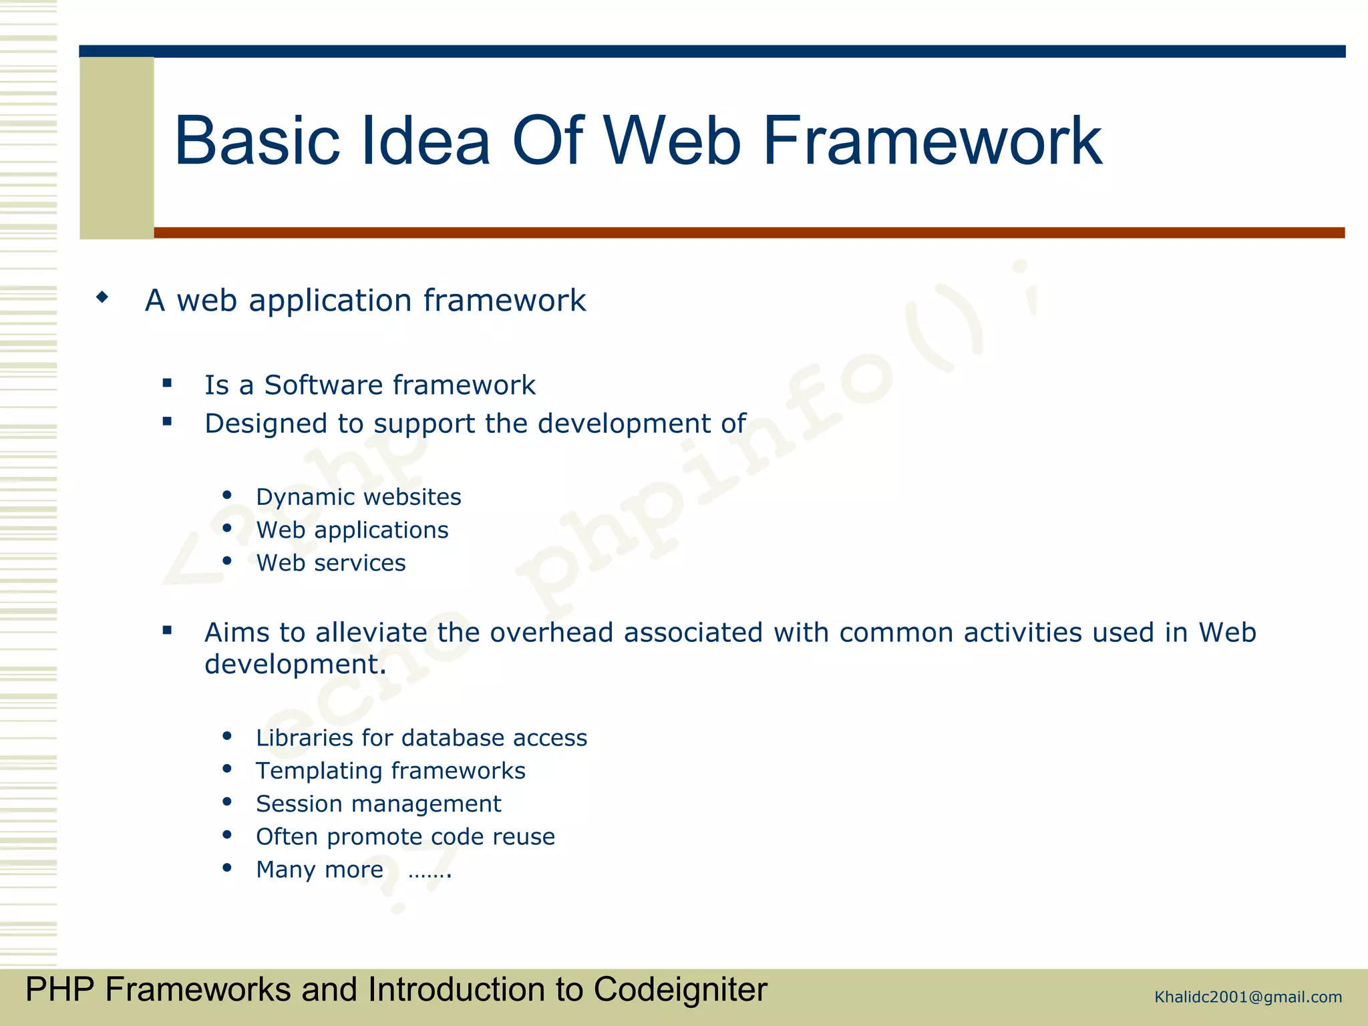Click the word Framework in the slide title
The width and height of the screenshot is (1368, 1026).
point(932,142)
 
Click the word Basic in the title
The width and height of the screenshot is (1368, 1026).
point(257,142)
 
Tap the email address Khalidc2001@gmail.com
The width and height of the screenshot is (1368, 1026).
point(1248,997)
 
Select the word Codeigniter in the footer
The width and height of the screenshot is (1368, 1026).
point(680,989)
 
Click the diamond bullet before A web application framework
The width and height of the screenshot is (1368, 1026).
point(102,297)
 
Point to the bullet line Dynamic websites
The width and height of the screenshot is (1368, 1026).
point(358,497)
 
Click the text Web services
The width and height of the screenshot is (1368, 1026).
point(331,563)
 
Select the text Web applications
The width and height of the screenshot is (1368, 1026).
point(352,530)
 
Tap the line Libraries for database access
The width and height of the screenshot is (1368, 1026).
point(421,738)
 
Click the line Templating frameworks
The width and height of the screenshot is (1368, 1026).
point(390,771)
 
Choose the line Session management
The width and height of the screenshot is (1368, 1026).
point(378,804)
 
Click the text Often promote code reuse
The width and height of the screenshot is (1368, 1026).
point(405,837)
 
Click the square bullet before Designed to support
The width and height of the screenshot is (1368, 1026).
point(167,421)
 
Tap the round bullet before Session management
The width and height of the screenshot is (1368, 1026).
point(227,802)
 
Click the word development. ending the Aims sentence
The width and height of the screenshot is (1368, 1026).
point(295,665)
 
